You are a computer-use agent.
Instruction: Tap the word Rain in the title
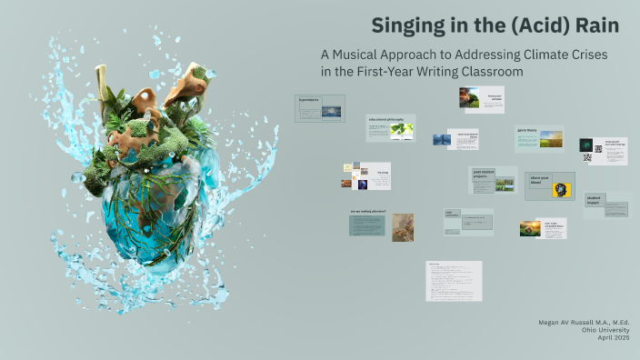tap(595, 25)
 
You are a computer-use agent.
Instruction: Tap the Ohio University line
tap(603, 330)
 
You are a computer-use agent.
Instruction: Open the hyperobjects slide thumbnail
tap(320, 108)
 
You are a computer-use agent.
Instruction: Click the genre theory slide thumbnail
tap(539, 138)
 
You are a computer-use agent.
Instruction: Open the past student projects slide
tap(493, 180)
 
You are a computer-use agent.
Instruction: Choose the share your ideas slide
tap(549, 185)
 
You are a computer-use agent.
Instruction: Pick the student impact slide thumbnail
tap(605, 205)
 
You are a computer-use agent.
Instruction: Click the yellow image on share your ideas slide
tap(562, 189)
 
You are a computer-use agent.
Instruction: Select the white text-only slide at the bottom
tap(454, 281)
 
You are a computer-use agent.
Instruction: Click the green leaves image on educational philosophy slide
tap(402, 130)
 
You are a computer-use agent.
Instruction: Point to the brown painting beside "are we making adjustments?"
tap(403, 227)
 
